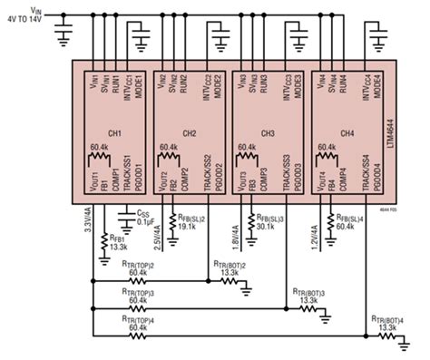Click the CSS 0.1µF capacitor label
[x=140, y=219]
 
